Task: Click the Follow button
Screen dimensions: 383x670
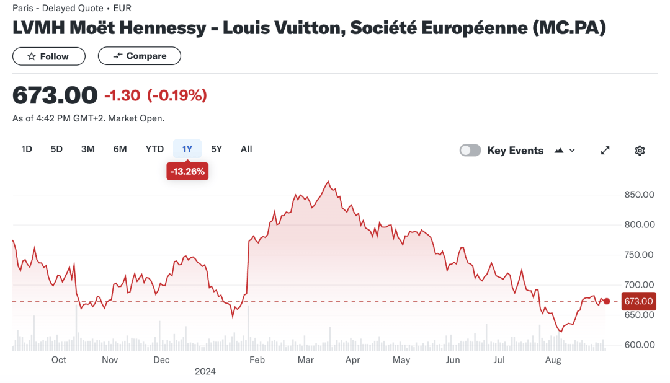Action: point(48,56)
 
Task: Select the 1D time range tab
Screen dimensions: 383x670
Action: point(27,149)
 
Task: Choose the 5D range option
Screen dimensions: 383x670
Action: point(56,149)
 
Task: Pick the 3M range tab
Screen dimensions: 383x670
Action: point(87,149)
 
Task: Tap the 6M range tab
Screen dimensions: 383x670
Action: point(120,149)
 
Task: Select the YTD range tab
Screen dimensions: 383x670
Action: point(154,149)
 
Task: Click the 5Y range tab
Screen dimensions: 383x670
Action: point(217,149)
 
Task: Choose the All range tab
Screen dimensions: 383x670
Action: point(246,149)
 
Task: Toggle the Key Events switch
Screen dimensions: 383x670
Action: point(470,151)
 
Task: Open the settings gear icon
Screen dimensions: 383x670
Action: point(640,151)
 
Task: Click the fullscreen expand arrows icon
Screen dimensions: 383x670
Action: point(605,151)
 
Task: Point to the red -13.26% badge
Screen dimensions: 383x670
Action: point(187,172)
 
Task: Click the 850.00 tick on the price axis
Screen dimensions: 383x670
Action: point(639,195)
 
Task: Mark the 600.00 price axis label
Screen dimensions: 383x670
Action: point(639,345)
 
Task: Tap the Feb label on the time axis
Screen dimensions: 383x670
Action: point(257,360)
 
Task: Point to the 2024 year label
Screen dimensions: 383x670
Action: point(205,372)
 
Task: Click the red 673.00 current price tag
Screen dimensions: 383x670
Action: point(638,301)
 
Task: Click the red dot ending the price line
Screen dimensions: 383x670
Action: point(607,301)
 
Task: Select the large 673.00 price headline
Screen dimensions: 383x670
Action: point(55,95)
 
